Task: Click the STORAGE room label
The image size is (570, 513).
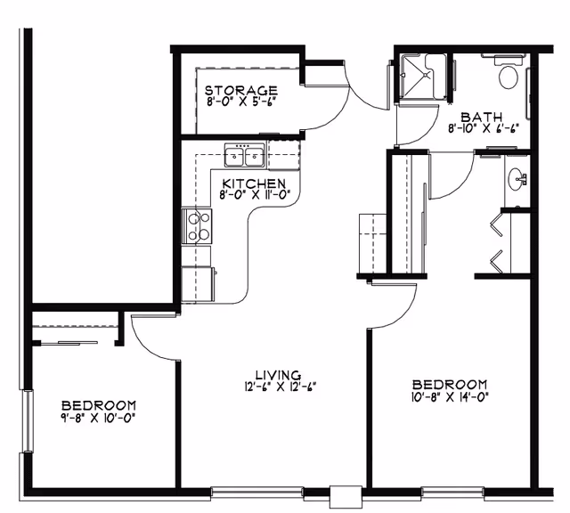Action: point(240,90)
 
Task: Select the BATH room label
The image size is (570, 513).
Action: point(481,116)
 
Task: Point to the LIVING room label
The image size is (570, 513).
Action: point(277,375)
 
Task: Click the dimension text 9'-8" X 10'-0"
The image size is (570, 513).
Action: point(98,416)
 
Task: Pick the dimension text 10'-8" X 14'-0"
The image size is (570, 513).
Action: point(450,396)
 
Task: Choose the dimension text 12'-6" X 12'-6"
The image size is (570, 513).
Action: point(277,387)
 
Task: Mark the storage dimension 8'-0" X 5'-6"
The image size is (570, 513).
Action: point(240,102)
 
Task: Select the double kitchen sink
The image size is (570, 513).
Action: point(244,157)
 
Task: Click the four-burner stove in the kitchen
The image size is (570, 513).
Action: point(197,224)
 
